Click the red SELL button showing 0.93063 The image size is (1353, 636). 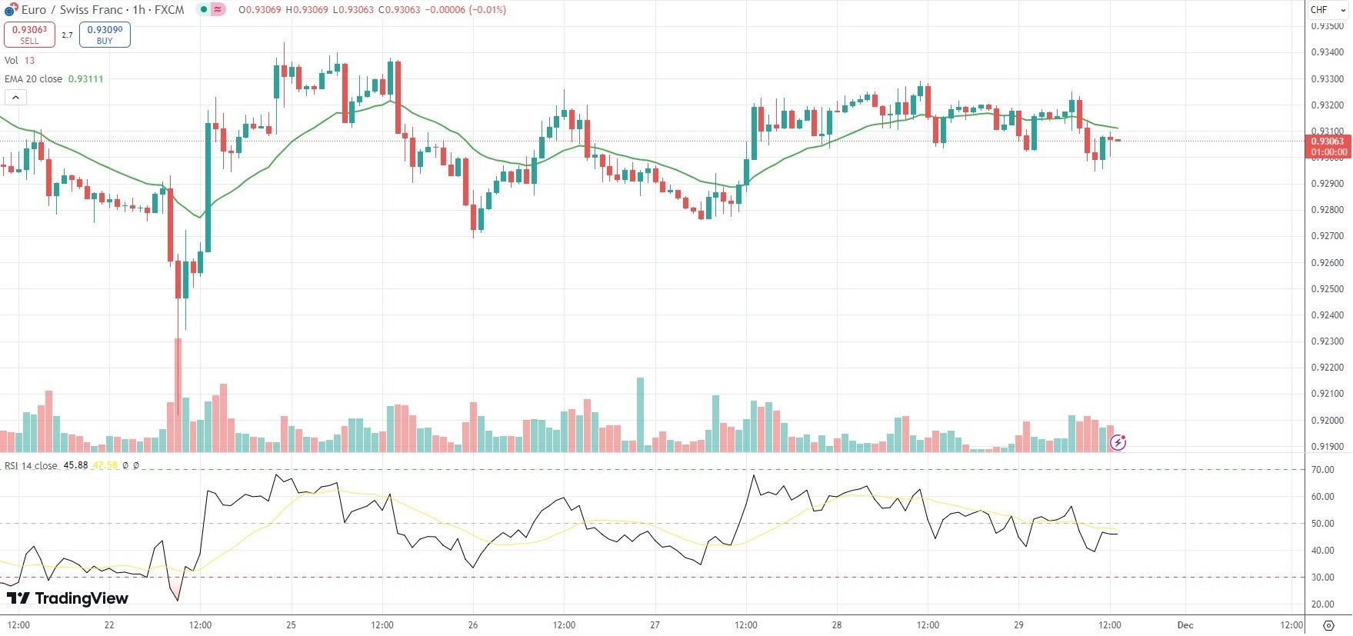point(29,35)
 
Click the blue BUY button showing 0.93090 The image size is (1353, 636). point(105,35)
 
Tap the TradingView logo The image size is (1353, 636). point(68,598)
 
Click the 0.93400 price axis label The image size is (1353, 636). point(1327,52)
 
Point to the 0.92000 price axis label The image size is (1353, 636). point(1327,421)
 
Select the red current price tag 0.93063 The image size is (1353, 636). point(1328,146)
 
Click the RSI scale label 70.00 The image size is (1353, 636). point(1323,470)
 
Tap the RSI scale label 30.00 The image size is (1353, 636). point(1323,578)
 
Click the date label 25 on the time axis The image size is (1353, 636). point(291,625)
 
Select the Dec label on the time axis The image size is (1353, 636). point(1185,625)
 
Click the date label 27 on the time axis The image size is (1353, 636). point(655,625)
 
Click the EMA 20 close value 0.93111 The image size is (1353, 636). point(85,79)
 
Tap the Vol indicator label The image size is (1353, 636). point(12,61)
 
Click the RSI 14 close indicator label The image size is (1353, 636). point(31,466)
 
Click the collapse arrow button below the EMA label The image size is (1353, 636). point(15,97)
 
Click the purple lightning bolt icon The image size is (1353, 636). point(1118,442)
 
